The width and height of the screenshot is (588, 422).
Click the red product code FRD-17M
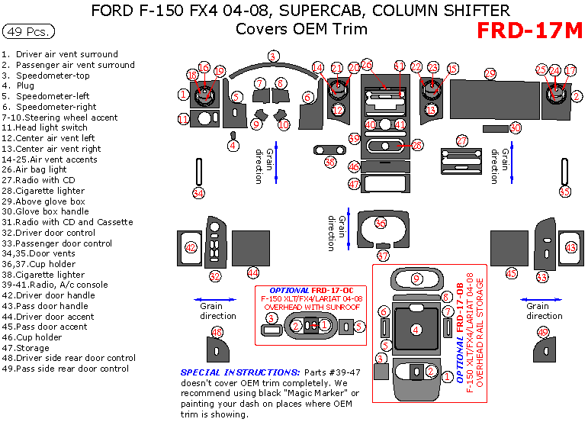(x=529, y=31)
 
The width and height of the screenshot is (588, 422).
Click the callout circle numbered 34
(x=198, y=193)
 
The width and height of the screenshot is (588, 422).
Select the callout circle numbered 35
(x=564, y=192)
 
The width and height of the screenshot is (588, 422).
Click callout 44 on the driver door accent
(x=253, y=272)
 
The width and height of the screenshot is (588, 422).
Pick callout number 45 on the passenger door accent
(x=511, y=273)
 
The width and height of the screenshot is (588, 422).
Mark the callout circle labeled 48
(x=217, y=332)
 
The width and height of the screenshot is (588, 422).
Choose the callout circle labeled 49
(x=543, y=332)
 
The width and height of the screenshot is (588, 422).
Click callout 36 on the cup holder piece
(x=380, y=223)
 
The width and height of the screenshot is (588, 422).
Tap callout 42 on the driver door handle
(x=191, y=247)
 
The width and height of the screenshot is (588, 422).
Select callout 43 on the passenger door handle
(x=570, y=247)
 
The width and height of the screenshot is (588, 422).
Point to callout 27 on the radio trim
(x=462, y=141)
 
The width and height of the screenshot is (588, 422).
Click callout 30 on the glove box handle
(x=516, y=128)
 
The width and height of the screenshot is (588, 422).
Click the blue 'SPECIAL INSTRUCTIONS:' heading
(x=221, y=372)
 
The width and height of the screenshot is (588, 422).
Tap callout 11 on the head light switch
(x=183, y=119)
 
